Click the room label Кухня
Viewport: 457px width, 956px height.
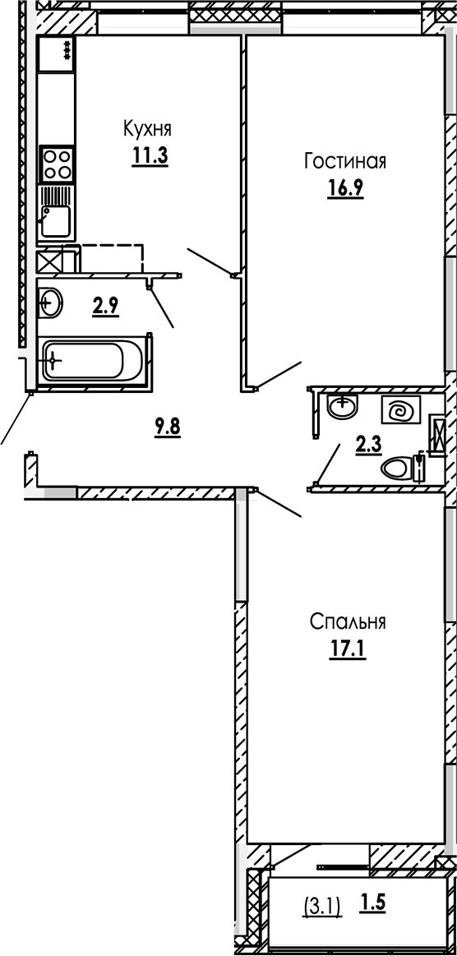[x=147, y=128]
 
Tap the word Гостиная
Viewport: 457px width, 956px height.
[x=344, y=160]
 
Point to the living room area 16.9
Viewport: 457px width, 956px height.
[x=344, y=188]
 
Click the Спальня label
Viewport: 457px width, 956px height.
[x=348, y=621]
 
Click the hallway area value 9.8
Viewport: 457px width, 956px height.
[x=167, y=426]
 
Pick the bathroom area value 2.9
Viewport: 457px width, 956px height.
[x=105, y=307]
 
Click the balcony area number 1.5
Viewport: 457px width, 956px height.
[x=372, y=904]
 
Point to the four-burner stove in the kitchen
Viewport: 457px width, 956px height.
[x=58, y=164]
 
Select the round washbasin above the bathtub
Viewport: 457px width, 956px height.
[x=49, y=303]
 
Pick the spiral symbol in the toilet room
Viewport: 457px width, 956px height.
[x=401, y=410]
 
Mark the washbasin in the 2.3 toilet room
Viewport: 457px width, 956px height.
[x=341, y=405]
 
